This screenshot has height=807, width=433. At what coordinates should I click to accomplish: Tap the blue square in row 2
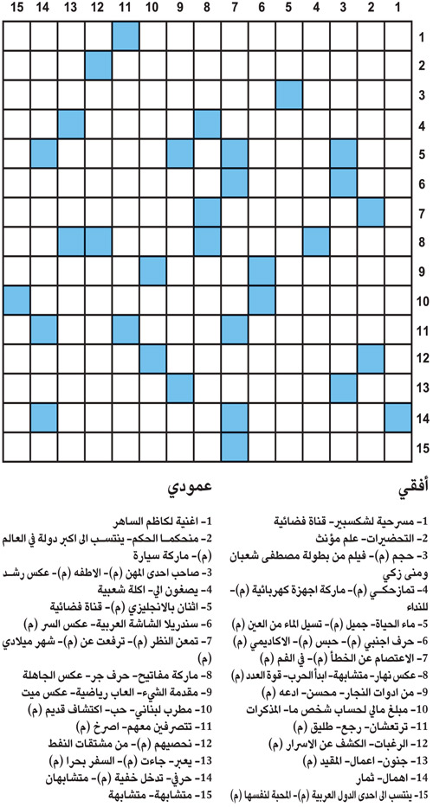pos(98,66)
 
